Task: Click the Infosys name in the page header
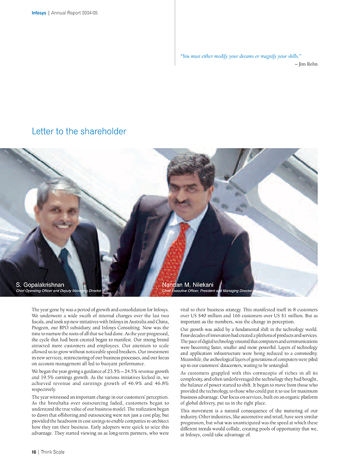pyautogui.click(x=39, y=13)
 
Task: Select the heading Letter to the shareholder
pyautogui.click(x=79, y=131)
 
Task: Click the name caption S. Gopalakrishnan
pyautogui.click(x=40, y=285)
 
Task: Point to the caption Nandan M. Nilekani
pyautogui.click(x=188, y=285)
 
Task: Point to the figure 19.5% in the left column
pyautogui.click(x=51, y=377)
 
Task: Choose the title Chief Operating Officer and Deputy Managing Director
pyautogui.click(x=58, y=291)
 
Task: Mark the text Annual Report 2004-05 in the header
pyautogui.click(x=74, y=13)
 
